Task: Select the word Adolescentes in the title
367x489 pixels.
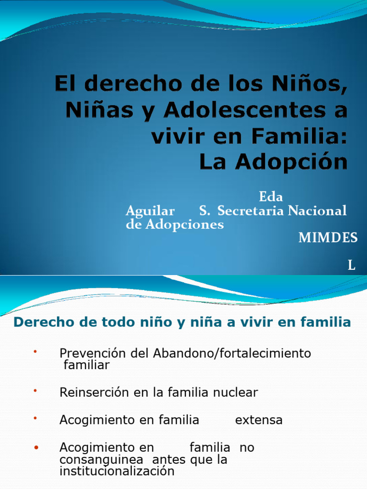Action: coord(244,111)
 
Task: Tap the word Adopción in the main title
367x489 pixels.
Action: coord(291,162)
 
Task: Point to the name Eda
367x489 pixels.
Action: coord(271,197)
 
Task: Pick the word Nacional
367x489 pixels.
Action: coord(317,211)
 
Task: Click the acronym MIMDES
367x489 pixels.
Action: coord(328,238)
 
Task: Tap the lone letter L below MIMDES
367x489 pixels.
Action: coord(352,266)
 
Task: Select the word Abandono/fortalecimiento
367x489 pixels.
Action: coord(232,353)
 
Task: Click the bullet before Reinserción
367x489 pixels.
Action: coord(35,391)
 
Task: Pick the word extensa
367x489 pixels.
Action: coord(259,420)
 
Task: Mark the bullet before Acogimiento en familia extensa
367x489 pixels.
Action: coord(35,418)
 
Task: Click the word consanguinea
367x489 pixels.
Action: coord(101,460)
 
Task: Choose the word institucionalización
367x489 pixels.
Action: coord(117,471)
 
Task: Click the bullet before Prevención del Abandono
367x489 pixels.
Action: coord(35,352)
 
